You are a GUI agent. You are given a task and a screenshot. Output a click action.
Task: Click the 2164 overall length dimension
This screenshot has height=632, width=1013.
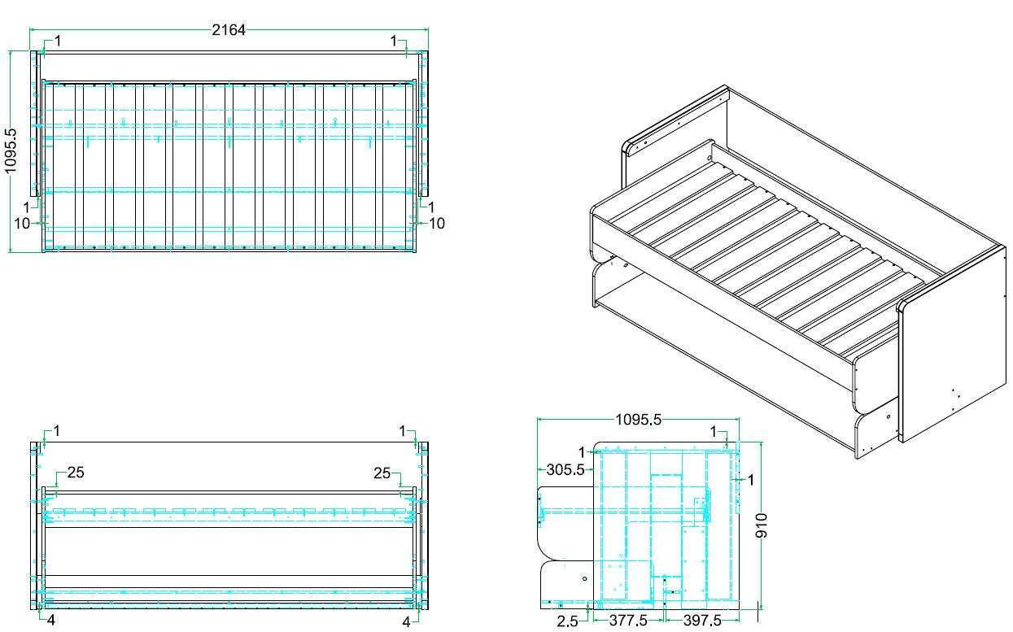click(x=229, y=30)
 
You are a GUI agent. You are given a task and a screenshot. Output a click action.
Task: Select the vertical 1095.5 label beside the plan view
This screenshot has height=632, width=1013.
click(x=11, y=151)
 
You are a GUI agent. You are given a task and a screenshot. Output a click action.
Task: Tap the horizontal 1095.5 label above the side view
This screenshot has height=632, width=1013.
click(x=638, y=420)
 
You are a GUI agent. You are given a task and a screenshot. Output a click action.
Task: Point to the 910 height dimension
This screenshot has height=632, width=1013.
click(x=761, y=525)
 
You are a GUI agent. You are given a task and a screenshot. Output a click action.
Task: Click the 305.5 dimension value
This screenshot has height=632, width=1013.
click(x=565, y=469)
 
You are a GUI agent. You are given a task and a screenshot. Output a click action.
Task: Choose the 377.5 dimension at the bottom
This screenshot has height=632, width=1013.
click(x=628, y=621)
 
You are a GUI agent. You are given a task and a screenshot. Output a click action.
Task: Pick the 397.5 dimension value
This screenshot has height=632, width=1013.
click(x=702, y=621)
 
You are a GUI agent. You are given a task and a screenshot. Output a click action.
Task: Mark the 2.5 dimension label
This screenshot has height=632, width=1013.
click(x=567, y=621)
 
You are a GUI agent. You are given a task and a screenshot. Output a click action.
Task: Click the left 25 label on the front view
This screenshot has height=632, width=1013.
click(x=76, y=473)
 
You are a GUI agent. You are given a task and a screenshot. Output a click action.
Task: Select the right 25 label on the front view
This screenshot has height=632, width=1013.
click(x=382, y=473)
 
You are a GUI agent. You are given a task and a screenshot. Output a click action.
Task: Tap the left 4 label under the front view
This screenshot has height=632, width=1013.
click(x=51, y=620)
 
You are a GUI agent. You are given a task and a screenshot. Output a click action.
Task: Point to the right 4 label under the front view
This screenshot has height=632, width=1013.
click(x=407, y=622)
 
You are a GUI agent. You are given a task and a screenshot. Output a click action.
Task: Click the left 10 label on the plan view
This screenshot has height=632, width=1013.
click(x=22, y=224)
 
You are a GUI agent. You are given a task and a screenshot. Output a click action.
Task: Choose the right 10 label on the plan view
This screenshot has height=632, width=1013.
click(x=436, y=224)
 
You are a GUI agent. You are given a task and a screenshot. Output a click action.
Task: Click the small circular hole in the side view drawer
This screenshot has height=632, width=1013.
click(x=584, y=578)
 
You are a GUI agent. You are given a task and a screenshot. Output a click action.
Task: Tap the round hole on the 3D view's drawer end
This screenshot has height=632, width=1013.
click(x=889, y=416)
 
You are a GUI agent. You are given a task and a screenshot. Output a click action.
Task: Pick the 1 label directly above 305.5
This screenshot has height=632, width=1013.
click(x=582, y=452)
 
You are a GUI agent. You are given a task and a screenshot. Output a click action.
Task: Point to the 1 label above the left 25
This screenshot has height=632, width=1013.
click(x=56, y=431)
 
